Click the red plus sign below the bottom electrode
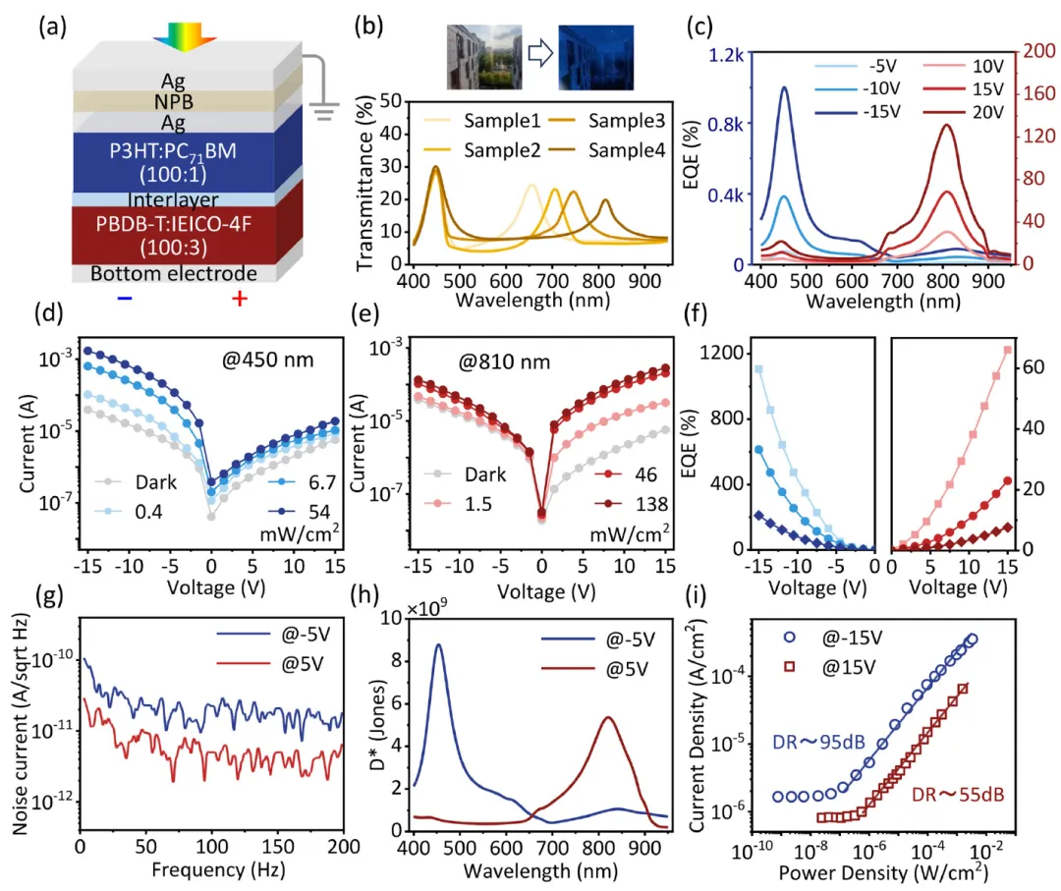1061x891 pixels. (239, 298)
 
